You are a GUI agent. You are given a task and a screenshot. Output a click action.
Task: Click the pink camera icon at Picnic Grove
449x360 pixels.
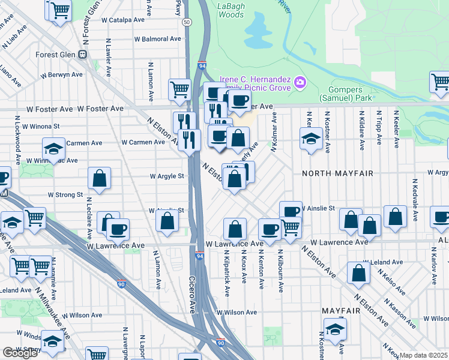300,82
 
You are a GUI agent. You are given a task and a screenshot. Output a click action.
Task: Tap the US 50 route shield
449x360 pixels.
188,22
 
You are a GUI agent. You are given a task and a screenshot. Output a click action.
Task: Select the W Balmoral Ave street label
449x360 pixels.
157,39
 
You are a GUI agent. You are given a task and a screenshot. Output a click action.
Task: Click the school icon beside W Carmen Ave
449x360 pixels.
53,148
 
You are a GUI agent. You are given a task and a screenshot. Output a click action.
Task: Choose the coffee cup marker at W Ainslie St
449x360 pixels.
291,211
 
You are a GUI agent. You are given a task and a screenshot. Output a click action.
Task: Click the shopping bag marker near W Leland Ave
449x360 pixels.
358,272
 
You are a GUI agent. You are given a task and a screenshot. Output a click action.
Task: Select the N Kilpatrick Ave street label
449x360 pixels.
227,275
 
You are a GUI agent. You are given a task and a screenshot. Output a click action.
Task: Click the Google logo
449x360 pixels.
20,352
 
